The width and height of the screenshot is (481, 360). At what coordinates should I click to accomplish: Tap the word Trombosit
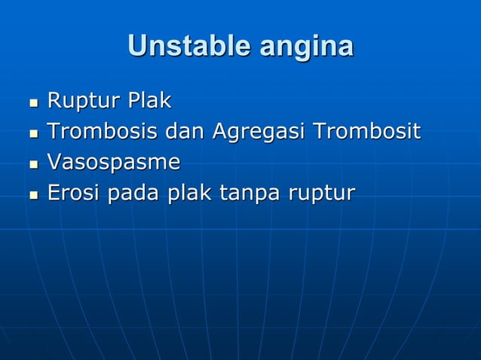[366, 131]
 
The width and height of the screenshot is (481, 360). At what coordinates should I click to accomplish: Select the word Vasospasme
[114, 163]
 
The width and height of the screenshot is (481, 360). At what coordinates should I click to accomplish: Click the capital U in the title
[139, 46]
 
